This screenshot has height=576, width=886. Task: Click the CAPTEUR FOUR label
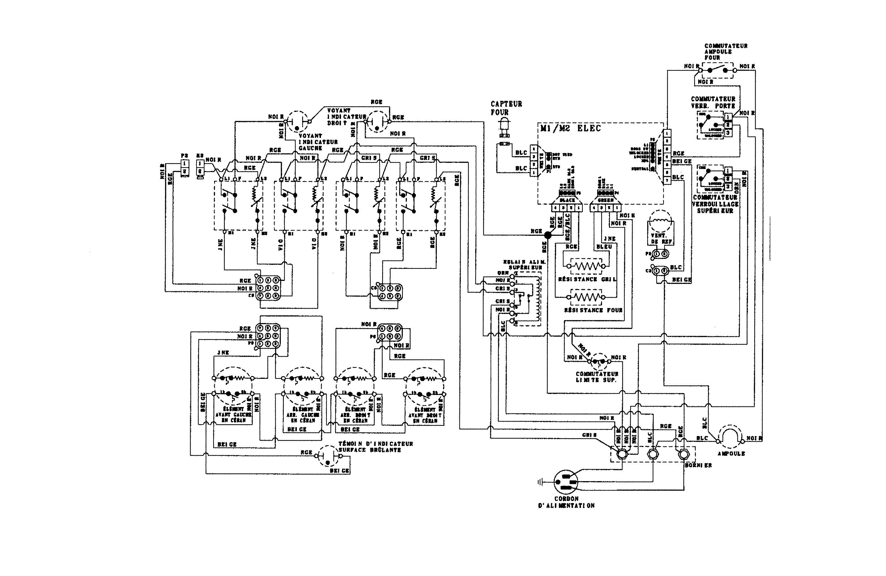506,108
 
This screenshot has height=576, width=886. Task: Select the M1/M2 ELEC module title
570,129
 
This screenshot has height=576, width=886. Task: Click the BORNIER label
698,465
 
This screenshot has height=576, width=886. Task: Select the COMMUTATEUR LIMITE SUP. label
597,377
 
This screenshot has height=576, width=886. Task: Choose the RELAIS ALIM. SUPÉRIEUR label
525,265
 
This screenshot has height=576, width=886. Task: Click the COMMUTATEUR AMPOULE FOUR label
726,52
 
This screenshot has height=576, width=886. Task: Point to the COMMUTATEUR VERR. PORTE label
713,102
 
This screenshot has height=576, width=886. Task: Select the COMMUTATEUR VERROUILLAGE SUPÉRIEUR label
715,204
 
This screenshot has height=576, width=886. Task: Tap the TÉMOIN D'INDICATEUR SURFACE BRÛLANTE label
375,447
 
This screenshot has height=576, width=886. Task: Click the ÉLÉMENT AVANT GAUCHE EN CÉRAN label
233,414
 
